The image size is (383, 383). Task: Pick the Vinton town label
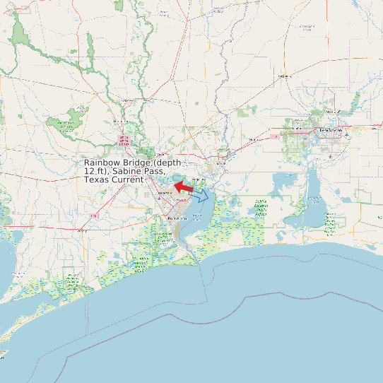(252, 140)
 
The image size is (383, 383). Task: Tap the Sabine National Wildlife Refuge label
(261, 208)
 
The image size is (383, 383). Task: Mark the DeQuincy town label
(285, 76)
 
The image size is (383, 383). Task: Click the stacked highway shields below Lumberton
(124, 141)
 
